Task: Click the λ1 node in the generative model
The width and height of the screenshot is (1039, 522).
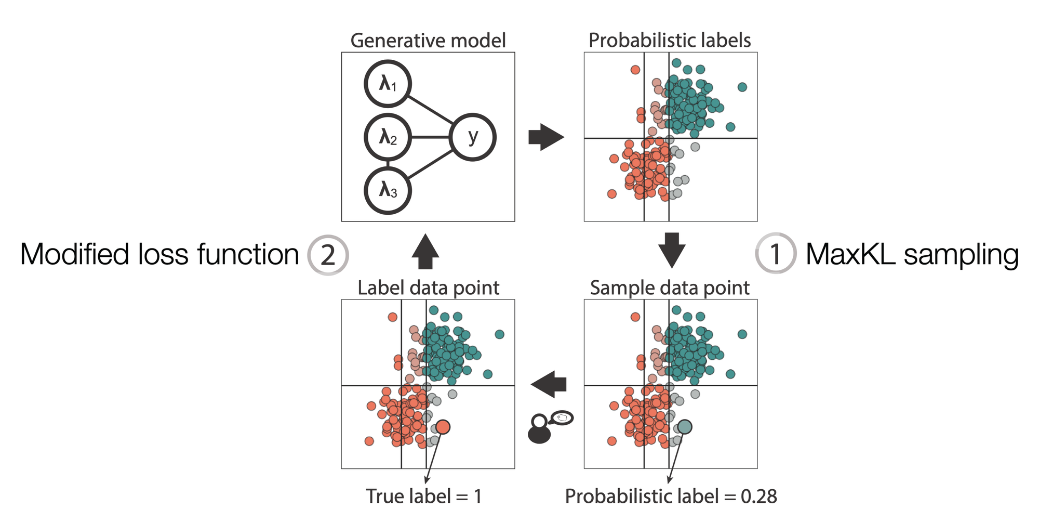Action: (388, 84)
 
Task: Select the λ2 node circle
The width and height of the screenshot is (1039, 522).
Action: (388, 137)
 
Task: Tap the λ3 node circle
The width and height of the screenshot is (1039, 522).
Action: (388, 190)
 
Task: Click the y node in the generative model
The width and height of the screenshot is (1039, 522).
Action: (473, 137)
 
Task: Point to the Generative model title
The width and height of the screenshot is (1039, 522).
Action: (428, 41)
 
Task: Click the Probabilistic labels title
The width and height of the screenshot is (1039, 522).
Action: (670, 41)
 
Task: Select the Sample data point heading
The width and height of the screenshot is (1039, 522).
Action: (670, 288)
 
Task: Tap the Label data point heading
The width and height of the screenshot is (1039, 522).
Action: (428, 288)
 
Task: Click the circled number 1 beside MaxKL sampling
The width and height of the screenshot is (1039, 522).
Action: (775, 253)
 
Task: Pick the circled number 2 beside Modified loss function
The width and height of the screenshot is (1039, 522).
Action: (328, 254)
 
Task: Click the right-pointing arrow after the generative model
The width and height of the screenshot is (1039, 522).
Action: (546, 137)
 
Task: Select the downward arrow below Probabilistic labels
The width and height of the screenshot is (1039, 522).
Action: (672, 250)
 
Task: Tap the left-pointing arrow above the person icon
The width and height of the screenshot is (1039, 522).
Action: (549, 385)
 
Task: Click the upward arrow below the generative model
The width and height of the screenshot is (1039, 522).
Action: (425, 251)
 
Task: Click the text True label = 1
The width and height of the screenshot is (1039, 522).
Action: (424, 496)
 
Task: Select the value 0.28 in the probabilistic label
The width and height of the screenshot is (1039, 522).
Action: (759, 497)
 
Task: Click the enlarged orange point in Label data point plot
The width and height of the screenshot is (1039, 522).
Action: (443, 427)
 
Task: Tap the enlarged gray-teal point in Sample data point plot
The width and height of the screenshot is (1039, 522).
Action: (685, 427)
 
